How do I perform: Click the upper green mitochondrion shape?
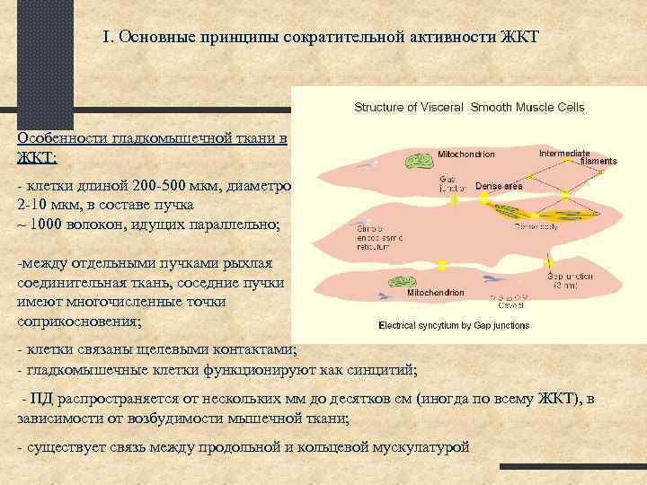coord(418,163)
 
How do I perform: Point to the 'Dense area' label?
coord(499,186)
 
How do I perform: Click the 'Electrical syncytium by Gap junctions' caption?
coord(454,325)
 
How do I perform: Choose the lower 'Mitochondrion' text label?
coord(435,294)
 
